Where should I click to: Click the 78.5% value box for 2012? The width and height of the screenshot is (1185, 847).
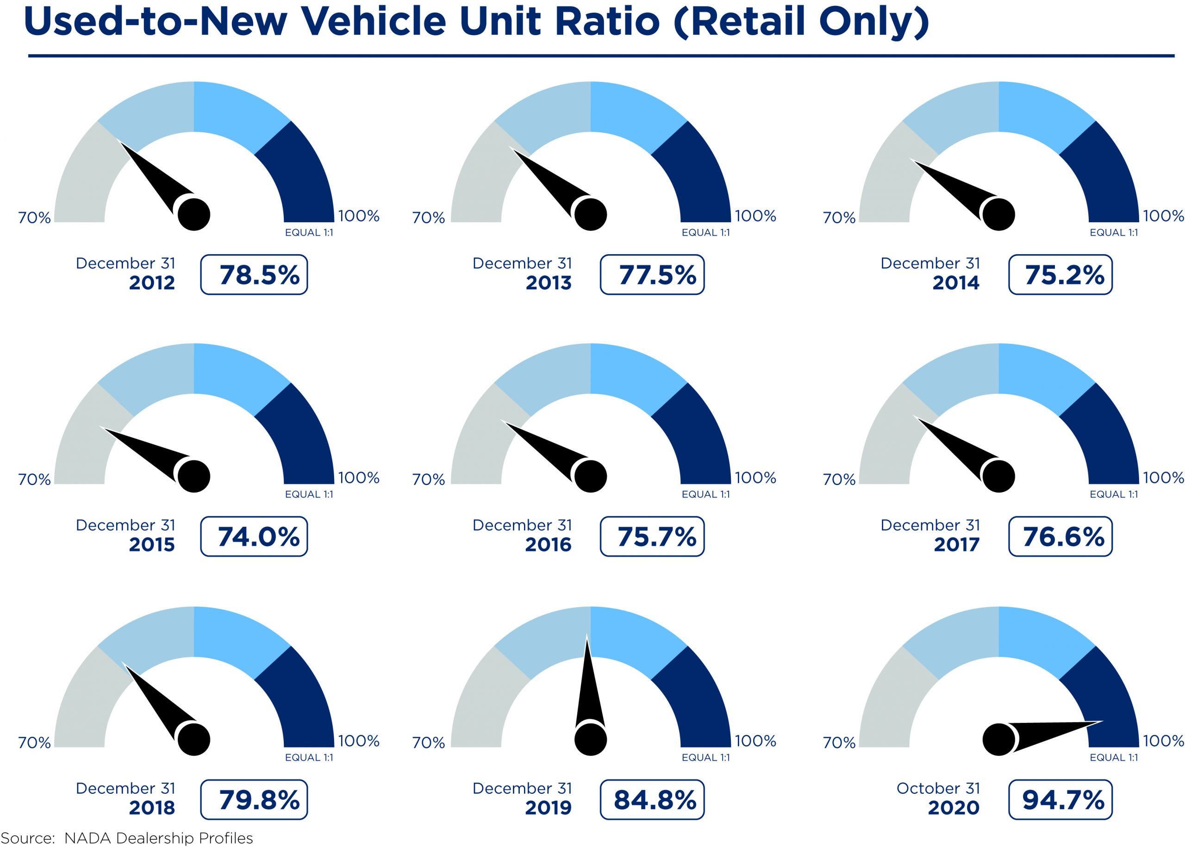click(254, 275)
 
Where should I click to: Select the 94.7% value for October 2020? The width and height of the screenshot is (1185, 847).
click(1060, 799)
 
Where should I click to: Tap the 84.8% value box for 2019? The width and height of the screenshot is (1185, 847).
click(652, 799)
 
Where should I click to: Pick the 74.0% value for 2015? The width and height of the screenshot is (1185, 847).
click(254, 537)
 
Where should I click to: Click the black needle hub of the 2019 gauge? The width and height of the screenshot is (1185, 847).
click(590, 739)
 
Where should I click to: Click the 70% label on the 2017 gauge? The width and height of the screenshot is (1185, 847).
click(839, 480)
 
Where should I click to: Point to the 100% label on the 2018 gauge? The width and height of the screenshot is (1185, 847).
click(359, 741)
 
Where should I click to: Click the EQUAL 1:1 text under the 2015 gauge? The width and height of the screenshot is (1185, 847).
click(309, 494)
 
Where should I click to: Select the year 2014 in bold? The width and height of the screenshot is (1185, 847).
click(955, 283)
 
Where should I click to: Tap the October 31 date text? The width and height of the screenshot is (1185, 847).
click(938, 788)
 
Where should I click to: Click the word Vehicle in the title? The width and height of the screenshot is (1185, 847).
click(373, 22)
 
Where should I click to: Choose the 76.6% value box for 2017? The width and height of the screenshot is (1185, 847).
click(1060, 537)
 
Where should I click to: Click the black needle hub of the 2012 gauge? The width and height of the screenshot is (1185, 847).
click(194, 214)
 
